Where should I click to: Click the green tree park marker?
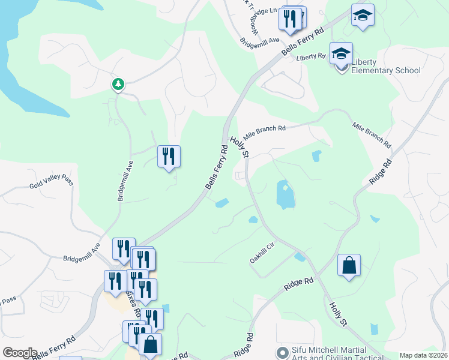(118, 84)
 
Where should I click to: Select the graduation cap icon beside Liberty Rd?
(341, 54)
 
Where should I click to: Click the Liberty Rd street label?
(310, 56)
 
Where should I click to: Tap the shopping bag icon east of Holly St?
(349, 265)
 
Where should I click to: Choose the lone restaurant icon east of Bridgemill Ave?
(169, 157)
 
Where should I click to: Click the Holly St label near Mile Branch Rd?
(238, 146)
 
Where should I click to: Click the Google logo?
(20, 353)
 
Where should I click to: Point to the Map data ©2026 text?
(424, 355)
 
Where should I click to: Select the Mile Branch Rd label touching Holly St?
(264, 131)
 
